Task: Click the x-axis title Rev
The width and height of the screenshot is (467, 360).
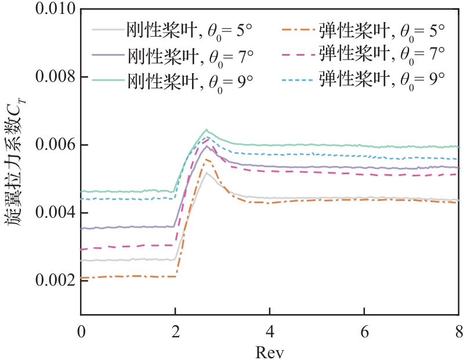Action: coord(269,350)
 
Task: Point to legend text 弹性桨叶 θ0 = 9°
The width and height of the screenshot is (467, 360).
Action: coord(381,80)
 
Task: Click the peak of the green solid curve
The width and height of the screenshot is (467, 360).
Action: coord(207,129)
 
